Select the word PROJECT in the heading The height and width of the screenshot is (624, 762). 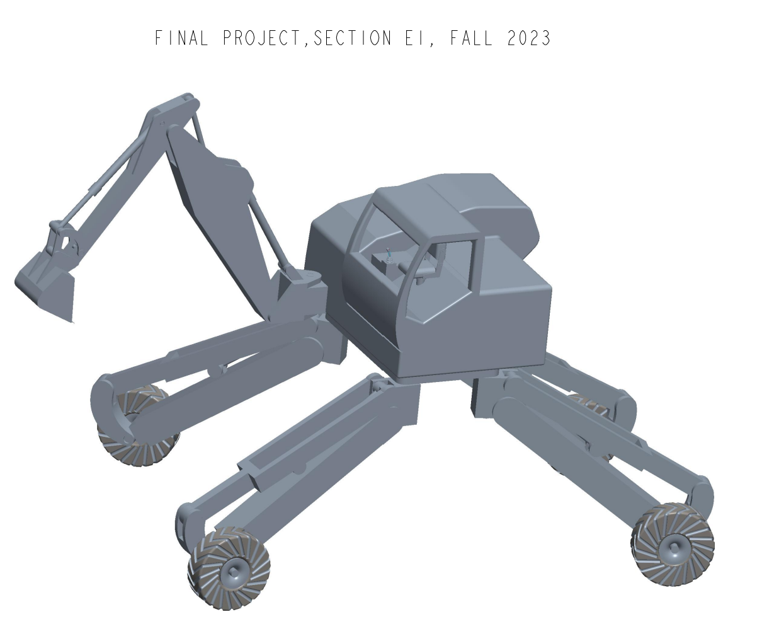pos(264,38)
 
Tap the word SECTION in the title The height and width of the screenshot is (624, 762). pos(352,38)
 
